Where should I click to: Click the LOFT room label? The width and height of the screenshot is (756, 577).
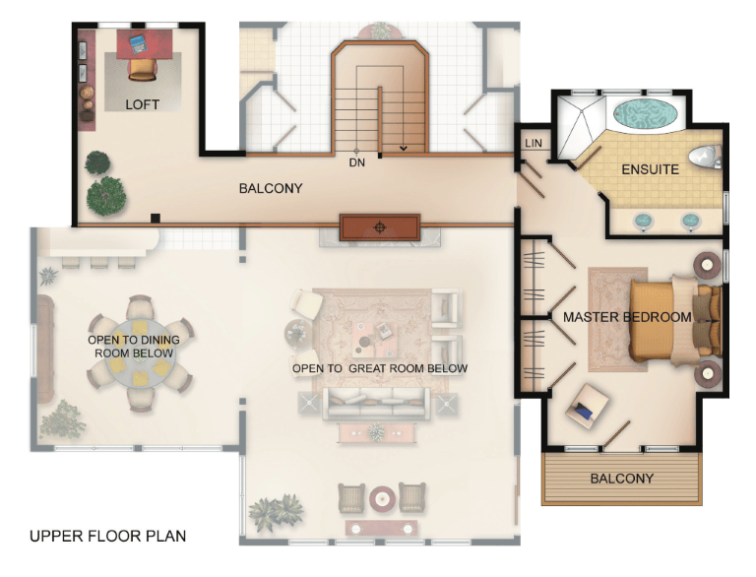tap(142, 104)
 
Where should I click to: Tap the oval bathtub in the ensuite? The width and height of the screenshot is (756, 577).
tap(645, 114)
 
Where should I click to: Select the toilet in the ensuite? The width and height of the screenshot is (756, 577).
tap(705, 157)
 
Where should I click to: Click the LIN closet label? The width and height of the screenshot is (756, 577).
tap(534, 144)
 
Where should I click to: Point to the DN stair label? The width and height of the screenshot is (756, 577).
tap(356, 163)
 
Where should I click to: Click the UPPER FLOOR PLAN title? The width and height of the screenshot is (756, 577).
tap(107, 536)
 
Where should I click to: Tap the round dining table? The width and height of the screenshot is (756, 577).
tap(140, 353)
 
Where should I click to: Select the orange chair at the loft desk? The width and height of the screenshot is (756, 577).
tap(142, 69)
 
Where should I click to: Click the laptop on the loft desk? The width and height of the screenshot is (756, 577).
tap(138, 44)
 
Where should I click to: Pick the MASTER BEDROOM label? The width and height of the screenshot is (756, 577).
tap(627, 317)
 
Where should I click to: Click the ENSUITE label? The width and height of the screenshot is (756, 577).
tap(650, 169)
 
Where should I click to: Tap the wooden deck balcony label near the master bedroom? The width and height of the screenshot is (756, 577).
tap(622, 479)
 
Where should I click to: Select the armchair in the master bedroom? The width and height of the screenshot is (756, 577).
tap(587, 406)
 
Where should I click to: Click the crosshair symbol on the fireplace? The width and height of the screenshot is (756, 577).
tap(380, 227)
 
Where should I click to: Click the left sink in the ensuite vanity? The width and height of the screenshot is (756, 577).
tap(643, 221)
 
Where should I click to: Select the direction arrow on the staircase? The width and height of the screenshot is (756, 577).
tap(404, 148)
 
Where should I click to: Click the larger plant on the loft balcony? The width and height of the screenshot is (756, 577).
tap(106, 195)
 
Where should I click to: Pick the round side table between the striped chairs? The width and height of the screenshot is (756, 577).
tap(382, 498)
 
